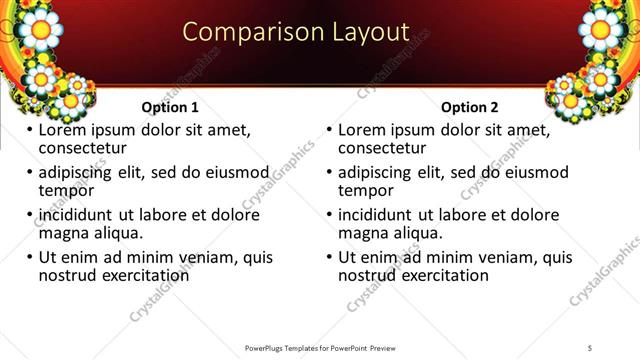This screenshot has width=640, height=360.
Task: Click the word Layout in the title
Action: click(369, 33)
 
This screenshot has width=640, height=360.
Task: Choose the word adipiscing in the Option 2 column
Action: click(378, 172)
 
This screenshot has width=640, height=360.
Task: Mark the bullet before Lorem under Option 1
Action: click(30, 131)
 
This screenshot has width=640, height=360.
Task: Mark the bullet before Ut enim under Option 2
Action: click(330, 257)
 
